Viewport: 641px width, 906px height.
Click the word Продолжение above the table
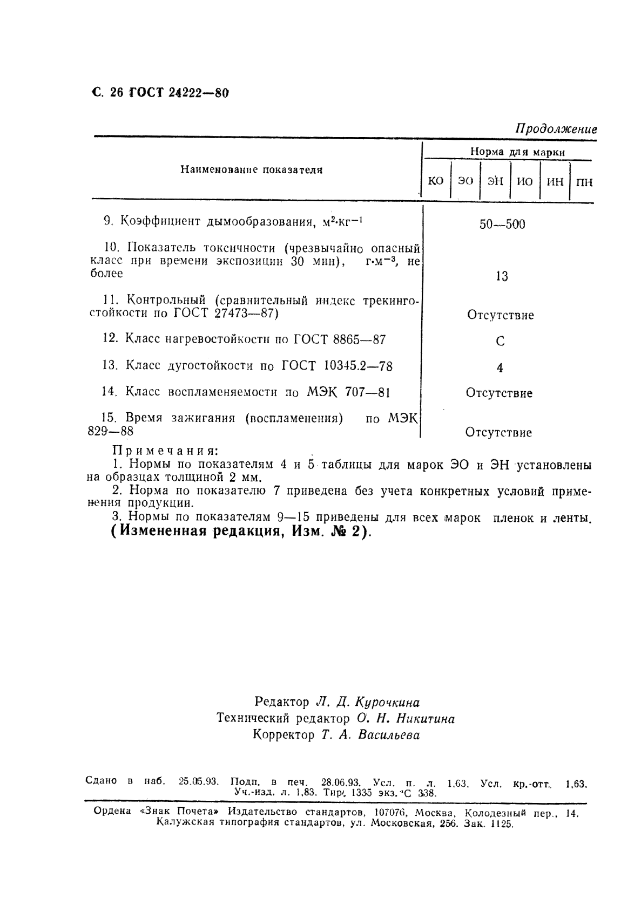pyautogui.click(x=556, y=130)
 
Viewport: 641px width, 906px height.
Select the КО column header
pyautogui.click(x=435, y=181)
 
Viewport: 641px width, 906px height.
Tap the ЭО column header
pyautogui.click(x=465, y=181)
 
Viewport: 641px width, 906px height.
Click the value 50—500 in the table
pyautogui.click(x=502, y=224)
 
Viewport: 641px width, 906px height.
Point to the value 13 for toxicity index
pyautogui.click(x=501, y=277)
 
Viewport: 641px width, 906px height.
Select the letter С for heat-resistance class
pyautogui.click(x=500, y=342)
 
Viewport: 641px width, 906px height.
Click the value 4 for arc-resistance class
pyautogui.click(x=500, y=368)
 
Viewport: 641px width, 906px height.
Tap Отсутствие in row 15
pyautogui.click(x=498, y=433)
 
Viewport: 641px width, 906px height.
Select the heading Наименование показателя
pyautogui.click(x=251, y=170)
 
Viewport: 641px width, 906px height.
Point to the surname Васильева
pyautogui.click(x=389, y=735)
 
